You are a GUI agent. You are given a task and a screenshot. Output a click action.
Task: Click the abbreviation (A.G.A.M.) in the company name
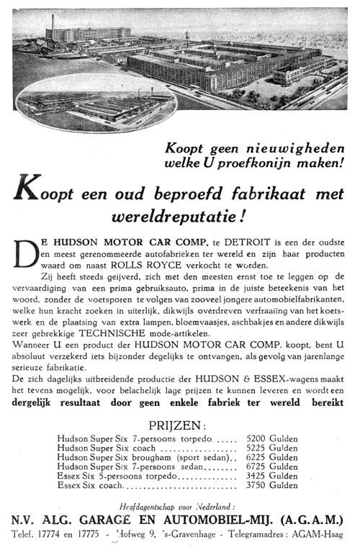[305, 519]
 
